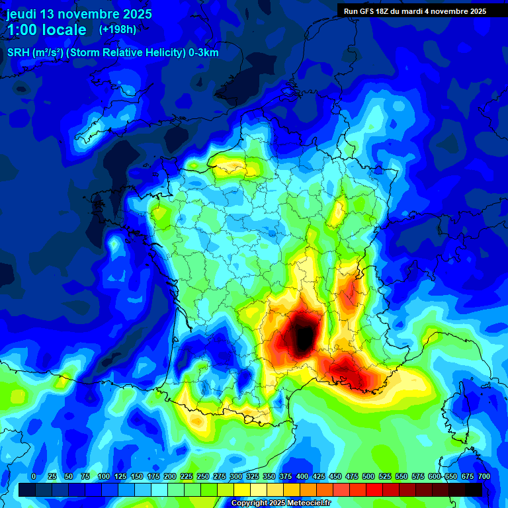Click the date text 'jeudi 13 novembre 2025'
click(79, 14)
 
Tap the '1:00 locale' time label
click(47, 30)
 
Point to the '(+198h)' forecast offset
click(118, 29)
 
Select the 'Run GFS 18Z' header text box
click(413, 11)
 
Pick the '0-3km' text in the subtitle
click(204, 53)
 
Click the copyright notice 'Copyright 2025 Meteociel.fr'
click(280, 503)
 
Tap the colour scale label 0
click(34, 476)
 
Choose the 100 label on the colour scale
click(104, 476)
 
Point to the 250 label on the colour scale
click(203, 476)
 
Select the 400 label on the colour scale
click(302, 476)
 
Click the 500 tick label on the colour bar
click(368, 476)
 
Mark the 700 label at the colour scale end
click(484, 476)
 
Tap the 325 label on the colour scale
click(253, 476)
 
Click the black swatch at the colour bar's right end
click(473, 489)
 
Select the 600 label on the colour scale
click(435, 476)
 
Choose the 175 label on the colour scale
click(153, 476)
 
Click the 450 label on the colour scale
click(335, 476)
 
